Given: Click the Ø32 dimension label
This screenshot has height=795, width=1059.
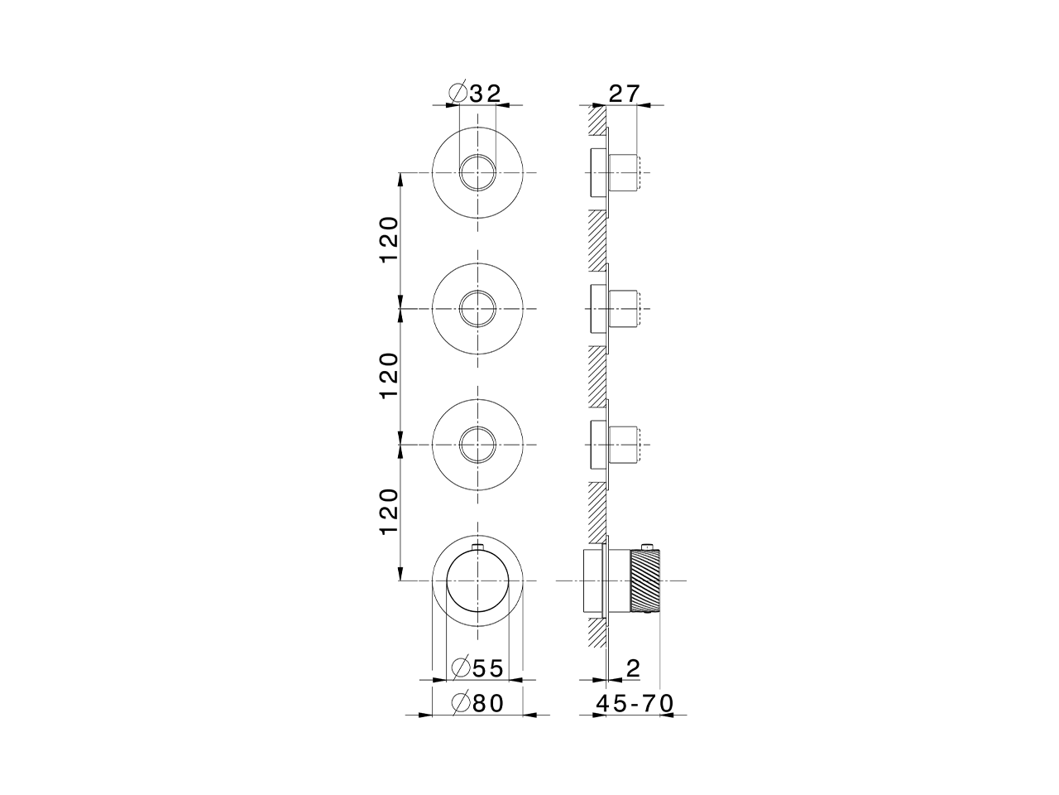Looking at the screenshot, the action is point(475,93).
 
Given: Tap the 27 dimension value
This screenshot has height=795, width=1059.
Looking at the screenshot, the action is point(625,94).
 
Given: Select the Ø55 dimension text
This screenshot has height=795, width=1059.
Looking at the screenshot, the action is point(477,668).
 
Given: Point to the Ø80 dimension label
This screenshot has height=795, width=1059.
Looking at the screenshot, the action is point(477,703).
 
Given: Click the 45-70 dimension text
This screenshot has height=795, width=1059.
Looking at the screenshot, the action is point(635,703).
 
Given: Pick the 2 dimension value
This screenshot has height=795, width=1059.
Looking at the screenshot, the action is point(633,668).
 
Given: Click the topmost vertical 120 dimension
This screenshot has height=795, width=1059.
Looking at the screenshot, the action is point(390,240).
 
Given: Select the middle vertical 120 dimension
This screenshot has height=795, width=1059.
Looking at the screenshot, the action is point(390,376).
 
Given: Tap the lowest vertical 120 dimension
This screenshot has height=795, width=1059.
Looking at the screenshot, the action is point(390,512).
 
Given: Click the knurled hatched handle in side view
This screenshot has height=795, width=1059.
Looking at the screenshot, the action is point(645,581).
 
